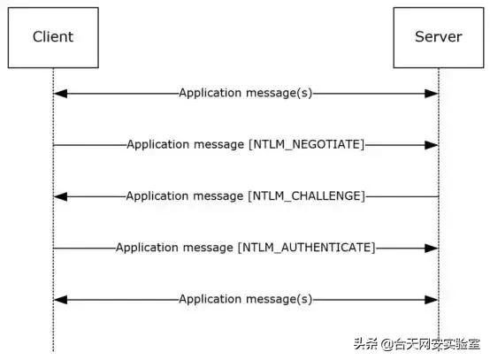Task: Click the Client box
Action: pyautogui.click(x=52, y=37)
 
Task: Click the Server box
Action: pyautogui.click(x=439, y=37)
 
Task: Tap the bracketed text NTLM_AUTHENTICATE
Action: pyautogui.click(x=307, y=248)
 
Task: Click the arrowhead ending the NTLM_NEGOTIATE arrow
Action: pyautogui.click(x=433, y=143)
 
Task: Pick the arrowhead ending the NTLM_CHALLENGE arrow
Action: pyautogui.click(x=58, y=195)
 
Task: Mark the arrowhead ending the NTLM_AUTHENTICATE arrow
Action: pyautogui.click(x=433, y=248)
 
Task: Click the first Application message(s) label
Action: pyautogui.click(x=245, y=92)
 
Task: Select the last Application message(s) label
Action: pyautogui.click(x=245, y=299)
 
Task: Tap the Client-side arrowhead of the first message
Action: pyautogui.click(x=58, y=92)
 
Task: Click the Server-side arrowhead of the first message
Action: pyautogui.click(x=433, y=92)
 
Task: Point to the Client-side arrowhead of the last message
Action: pyautogui.click(x=58, y=299)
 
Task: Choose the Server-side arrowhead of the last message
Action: pyautogui.click(x=433, y=299)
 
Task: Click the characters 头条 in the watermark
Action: pyautogui.click(x=365, y=343)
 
